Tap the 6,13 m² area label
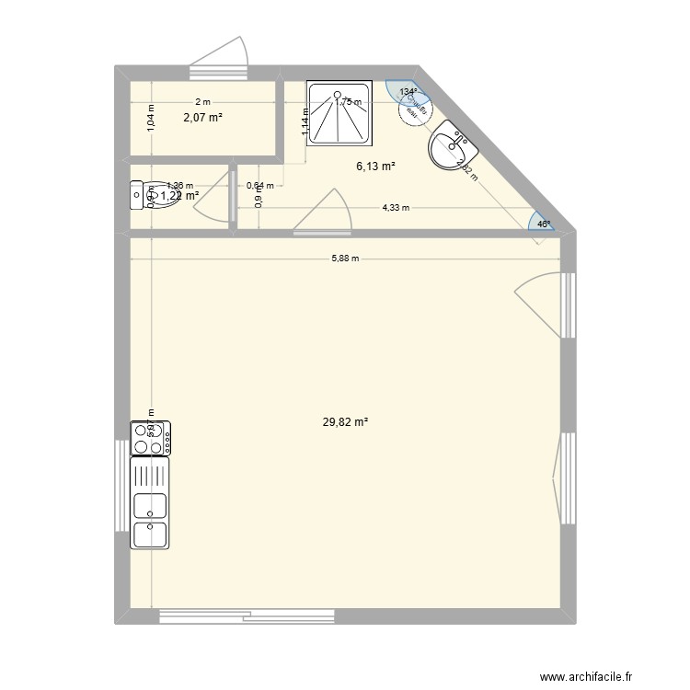point(375,167)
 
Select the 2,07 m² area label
point(202,117)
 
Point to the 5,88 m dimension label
point(346,259)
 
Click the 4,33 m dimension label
point(396,208)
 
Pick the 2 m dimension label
point(201,102)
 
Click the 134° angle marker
point(408,92)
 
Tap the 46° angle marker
point(544,224)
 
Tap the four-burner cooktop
point(151,438)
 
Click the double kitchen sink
point(151,519)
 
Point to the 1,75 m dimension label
point(349,102)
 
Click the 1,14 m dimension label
point(305,122)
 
